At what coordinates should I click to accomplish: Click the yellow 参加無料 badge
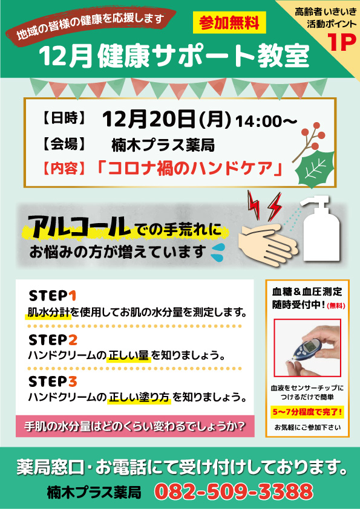coord(229,22)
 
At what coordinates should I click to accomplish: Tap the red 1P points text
coord(341,42)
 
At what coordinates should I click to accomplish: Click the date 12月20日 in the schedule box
coord(149,120)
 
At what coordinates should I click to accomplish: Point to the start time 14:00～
coord(266,122)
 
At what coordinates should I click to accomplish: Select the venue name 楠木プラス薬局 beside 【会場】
coord(163,145)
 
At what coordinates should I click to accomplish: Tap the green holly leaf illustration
coord(315,169)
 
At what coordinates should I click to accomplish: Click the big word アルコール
coord(79,226)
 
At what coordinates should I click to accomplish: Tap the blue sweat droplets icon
coord(217,252)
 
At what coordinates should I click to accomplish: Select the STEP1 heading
coord(52,296)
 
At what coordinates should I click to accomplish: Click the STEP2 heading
coord(53,340)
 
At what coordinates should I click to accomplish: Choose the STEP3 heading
coord(53,381)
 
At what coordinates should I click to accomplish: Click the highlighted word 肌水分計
coord(48,313)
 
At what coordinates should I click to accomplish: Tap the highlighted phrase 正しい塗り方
coord(139,397)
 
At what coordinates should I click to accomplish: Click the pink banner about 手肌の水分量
coord(135,426)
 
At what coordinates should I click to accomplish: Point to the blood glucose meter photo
coord(307,348)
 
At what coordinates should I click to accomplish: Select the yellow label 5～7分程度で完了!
coord(307,412)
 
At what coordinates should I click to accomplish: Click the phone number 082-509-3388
coord(234,491)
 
